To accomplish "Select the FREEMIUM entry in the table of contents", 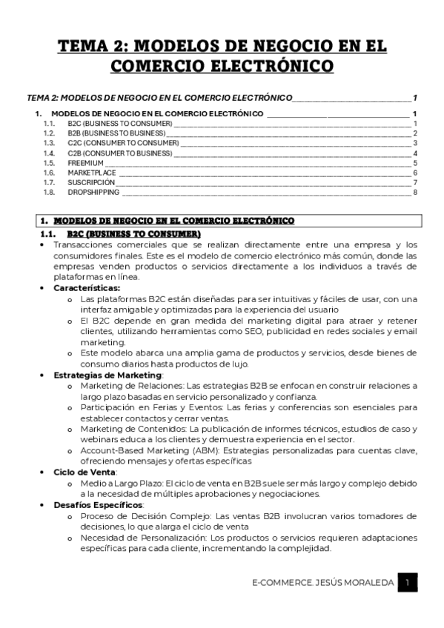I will pyautogui.click(x=85, y=163).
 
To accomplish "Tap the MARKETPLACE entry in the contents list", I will pyautogui.click(x=92, y=173).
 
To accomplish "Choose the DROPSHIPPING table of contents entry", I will pyautogui.click(x=93, y=192).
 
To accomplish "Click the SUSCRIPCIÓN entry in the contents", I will pyautogui.click(x=91, y=182).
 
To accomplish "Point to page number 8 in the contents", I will pyautogui.click(x=416, y=192).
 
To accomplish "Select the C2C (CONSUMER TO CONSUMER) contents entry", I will pyautogui.click(x=123, y=143).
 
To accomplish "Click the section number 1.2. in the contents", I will pyautogui.click(x=50, y=133).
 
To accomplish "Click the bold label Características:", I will pyautogui.click(x=87, y=287).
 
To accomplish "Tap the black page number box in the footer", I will pyautogui.click(x=407, y=583).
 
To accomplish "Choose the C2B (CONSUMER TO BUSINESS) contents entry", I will pyautogui.click(x=119, y=153).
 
